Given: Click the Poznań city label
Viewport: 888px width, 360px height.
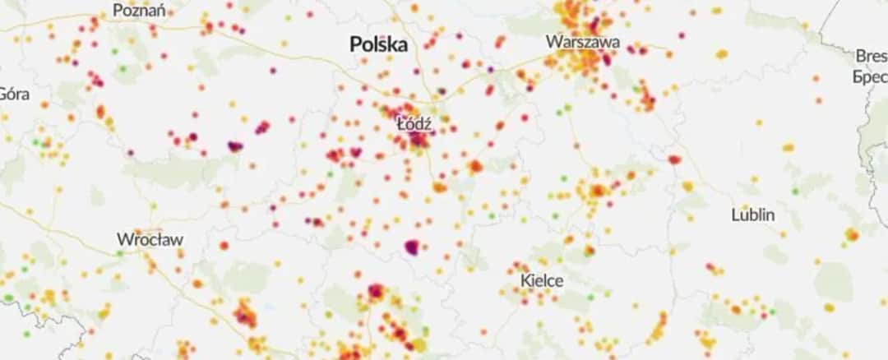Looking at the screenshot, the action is coord(139,11).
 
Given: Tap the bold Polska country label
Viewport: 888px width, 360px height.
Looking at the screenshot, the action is coord(378,44).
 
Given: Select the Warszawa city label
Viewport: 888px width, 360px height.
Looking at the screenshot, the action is coord(583,42).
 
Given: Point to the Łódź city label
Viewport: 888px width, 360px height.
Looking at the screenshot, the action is coord(414,125).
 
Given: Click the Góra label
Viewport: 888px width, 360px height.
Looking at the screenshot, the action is coord(14,94).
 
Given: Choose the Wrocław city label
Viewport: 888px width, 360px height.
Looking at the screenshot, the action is coord(150,240).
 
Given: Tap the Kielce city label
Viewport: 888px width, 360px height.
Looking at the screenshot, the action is coord(542,280).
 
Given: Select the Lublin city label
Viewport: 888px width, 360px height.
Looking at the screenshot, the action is coord(753,215).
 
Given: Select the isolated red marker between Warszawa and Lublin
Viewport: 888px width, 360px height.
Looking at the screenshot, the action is coord(674,159).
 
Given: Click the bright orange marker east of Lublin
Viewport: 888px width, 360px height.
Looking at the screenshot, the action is coord(851,235).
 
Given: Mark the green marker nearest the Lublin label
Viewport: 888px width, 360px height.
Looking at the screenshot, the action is coord(795,192).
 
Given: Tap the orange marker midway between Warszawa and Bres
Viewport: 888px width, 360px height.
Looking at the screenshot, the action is coord(721,54).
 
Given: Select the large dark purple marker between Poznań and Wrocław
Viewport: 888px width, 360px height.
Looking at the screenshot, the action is coord(235,146).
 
